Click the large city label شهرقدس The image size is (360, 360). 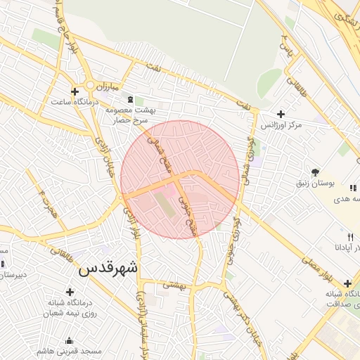point(108,269)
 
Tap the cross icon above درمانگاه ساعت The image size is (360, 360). point(75,91)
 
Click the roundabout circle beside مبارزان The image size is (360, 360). point(91,86)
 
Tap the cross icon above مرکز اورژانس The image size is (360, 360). point(281,114)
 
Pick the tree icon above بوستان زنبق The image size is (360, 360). point(315,172)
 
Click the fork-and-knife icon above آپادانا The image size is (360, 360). point(350,237)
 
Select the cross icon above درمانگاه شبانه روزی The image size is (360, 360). point(70,292)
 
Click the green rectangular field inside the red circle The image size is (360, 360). point(164,205)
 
